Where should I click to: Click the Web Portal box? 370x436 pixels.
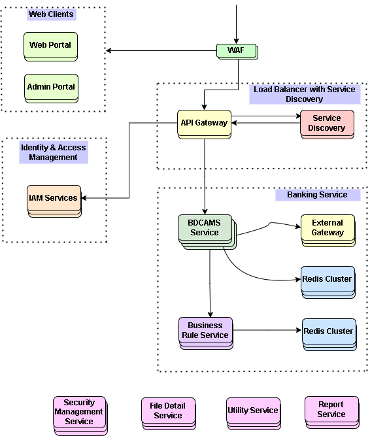coord(50,46)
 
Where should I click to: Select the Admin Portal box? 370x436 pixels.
coord(51,88)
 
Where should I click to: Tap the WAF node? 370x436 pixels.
coord(237,51)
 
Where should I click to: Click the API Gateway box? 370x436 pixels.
coord(205,124)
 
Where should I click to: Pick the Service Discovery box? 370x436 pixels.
coord(327,124)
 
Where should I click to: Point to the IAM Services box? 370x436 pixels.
coord(54,201)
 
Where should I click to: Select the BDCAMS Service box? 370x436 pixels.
coord(207,231)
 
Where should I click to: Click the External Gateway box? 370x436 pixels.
coord(328,230)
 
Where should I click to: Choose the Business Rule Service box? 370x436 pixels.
coord(206,333)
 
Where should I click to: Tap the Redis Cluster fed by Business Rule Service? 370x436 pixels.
coord(329,335)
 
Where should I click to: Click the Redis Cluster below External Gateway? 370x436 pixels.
coord(328,282)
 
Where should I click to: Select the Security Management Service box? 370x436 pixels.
coord(80,416)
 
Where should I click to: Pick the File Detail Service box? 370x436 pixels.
coord(169,414)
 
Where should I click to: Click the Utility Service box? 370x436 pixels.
coord(253,414)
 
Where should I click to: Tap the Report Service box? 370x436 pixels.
coord(331,412)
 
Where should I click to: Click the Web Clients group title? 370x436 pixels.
coord(51,14)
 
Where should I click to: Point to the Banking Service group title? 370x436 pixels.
coord(318,195)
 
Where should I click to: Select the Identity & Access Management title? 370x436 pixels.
coord(54,152)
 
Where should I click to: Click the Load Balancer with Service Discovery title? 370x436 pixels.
coord(305,94)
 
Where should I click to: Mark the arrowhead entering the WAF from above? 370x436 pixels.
coord(236,41)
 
